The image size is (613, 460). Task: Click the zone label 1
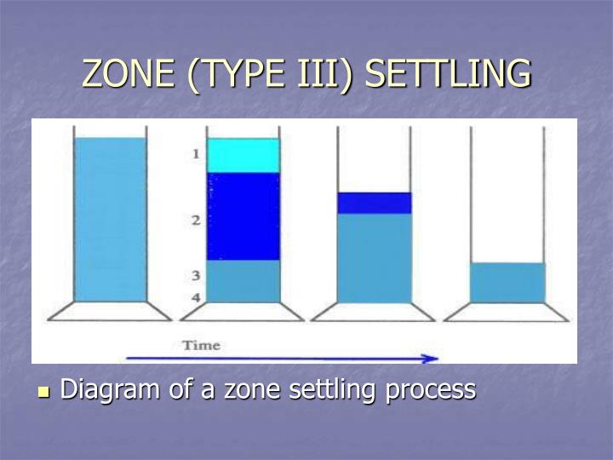195,154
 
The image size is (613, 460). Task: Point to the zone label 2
195,221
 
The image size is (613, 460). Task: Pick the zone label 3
195,276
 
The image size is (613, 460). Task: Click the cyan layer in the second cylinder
243,156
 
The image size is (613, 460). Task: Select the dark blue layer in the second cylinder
243,216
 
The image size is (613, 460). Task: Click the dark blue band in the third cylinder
375,203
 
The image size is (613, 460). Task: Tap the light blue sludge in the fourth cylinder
507,282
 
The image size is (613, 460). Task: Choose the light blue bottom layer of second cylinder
243,280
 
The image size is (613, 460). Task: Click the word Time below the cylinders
201,345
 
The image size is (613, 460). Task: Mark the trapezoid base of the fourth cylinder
507,312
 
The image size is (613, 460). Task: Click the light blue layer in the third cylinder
375,257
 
